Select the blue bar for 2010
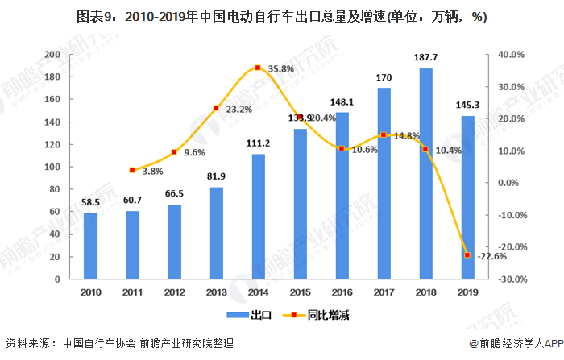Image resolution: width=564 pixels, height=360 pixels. pyautogui.click(x=90, y=246)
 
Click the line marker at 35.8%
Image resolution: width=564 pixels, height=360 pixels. pyautogui.click(x=258, y=68)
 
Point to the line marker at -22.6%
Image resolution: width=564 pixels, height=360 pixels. pyautogui.click(x=467, y=255)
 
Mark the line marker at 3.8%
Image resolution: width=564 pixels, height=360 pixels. pyautogui.click(x=132, y=170)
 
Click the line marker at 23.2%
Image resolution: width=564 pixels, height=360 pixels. pyautogui.click(x=216, y=108)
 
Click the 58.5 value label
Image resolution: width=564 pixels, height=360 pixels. pyautogui.click(x=90, y=203)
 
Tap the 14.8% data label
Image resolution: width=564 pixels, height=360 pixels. pyautogui.click(x=406, y=136)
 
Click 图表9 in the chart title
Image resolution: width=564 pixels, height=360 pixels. pyautogui.click(x=93, y=16)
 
